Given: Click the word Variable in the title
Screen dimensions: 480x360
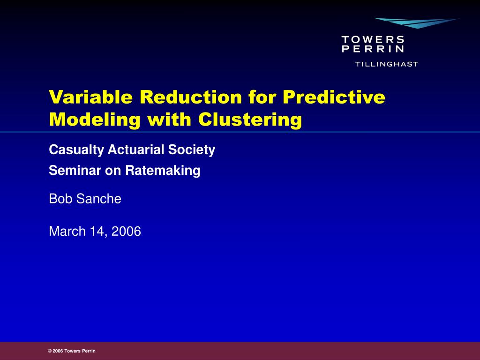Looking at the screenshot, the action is pyautogui.click(x=91, y=97).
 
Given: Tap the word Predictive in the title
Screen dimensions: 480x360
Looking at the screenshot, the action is pyautogui.click(x=334, y=97).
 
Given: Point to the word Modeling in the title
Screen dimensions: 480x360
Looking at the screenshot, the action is pyautogui.click(x=95, y=120).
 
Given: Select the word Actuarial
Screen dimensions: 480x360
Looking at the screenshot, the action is pyautogui.click(x=136, y=150).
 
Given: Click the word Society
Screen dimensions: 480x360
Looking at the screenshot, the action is pyautogui.click(x=192, y=150).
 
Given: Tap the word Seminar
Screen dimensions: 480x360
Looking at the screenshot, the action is pyautogui.click(x=75, y=170).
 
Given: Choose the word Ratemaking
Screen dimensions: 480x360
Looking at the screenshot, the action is pyautogui.click(x=163, y=171).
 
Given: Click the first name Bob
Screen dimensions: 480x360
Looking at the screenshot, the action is pyautogui.click(x=61, y=199).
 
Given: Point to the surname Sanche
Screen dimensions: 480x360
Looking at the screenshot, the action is pyautogui.click(x=98, y=199).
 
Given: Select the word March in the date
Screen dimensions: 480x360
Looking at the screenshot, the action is pyautogui.click(x=67, y=231).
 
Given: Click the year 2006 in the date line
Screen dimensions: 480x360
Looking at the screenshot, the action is pyautogui.click(x=126, y=231).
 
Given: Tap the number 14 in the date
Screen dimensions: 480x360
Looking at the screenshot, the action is pyautogui.click(x=98, y=232).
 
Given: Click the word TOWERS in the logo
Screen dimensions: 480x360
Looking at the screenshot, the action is pyautogui.click(x=373, y=39).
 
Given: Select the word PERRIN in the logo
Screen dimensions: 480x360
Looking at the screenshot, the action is pyautogui.click(x=373, y=49).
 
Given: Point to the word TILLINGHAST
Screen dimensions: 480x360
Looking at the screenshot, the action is pyautogui.click(x=387, y=64).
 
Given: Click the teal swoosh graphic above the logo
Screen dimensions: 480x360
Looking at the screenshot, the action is pyautogui.click(x=416, y=23).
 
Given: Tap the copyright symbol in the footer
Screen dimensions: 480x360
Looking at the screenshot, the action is pyautogui.click(x=50, y=351).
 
